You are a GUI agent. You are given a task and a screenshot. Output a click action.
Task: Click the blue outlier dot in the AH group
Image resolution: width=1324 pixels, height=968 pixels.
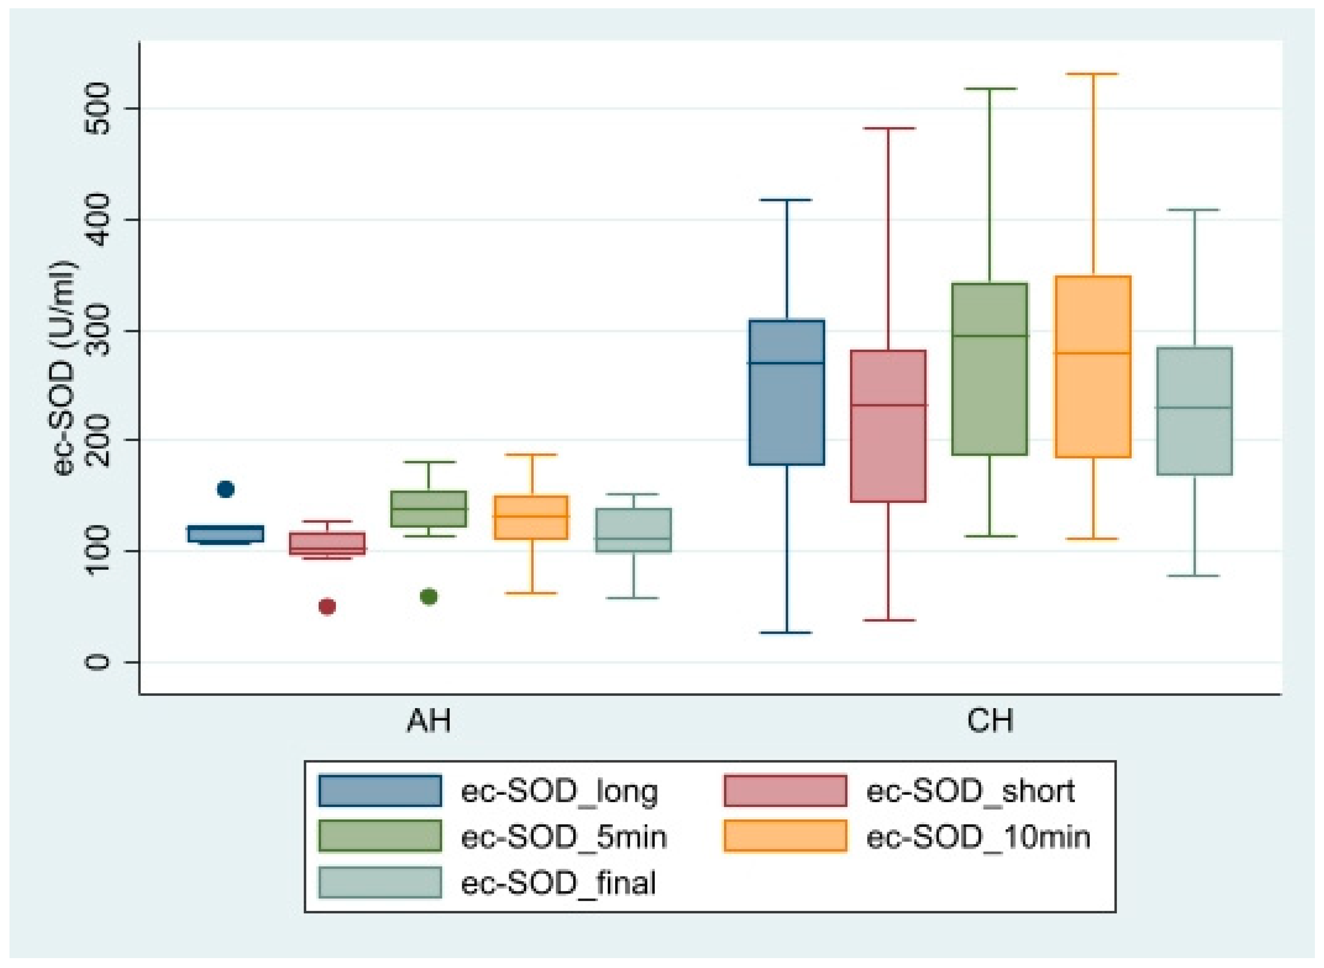click(225, 489)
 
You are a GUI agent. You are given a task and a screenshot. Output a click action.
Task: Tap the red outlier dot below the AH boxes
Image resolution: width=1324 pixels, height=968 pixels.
click(327, 606)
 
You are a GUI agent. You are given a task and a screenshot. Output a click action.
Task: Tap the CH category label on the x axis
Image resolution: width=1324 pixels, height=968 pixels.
click(990, 721)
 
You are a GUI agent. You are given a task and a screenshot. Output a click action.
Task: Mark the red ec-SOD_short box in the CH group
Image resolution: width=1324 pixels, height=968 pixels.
click(888, 426)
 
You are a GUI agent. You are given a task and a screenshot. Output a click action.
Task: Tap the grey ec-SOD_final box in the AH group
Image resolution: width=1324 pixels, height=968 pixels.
click(634, 530)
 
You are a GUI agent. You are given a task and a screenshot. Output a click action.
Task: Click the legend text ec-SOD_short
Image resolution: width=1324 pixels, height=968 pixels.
click(970, 792)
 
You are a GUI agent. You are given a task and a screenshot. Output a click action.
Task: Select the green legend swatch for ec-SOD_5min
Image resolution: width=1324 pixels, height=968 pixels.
click(380, 835)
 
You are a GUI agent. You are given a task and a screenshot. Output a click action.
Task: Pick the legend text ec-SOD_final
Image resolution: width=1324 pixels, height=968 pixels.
click(558, 883)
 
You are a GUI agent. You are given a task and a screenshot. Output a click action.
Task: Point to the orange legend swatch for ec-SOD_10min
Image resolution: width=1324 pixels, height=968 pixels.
click(785, 835)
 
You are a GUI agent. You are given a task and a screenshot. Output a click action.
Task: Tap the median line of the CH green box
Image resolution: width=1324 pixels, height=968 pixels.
click(990, 336)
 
